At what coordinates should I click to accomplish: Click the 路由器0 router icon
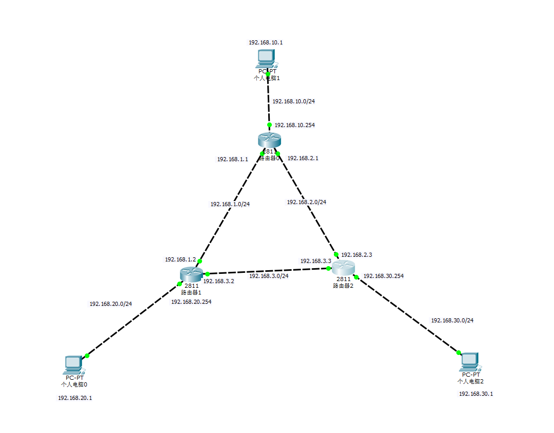[x=269, y=140]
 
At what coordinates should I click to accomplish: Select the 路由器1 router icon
[x=191, y=274]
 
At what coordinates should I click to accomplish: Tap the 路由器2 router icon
[x=343, y=268]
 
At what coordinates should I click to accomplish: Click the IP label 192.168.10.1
[x=266, y=42]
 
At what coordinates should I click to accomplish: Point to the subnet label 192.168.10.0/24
[x=294, y=101]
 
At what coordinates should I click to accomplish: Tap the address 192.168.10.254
[x=295, y=125]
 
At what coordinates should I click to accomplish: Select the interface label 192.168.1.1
[x=233, y=159]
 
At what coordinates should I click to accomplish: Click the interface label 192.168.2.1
[x=303, y=158]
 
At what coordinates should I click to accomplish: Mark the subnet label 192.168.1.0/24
[x=230, y=204]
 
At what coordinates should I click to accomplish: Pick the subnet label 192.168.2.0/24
[x=306, y=202]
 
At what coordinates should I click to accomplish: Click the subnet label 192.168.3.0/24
[x=269, y=276]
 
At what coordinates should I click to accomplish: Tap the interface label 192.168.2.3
[x=357, y=255]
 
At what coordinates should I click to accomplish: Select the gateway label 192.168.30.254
[x=383, y=276]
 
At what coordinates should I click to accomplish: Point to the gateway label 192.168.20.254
[x=191, y=302]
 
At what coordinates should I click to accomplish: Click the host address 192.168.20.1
[x=75, y=398]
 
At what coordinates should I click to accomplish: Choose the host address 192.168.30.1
[x=476, y=394]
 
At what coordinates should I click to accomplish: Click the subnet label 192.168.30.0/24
[x=452, y=320]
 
